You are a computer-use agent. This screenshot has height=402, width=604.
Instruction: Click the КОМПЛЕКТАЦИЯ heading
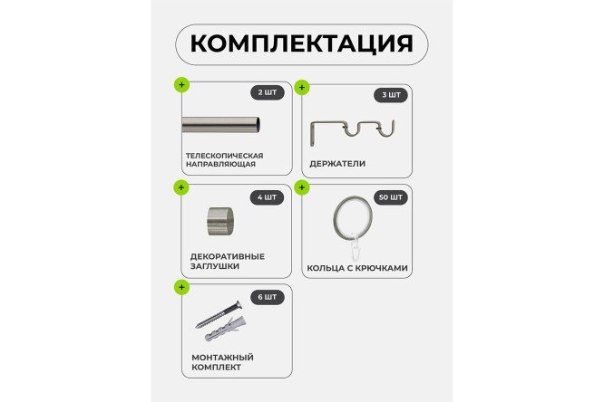pos(302,43)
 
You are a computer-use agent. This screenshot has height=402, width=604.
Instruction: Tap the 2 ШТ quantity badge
pos(268,92)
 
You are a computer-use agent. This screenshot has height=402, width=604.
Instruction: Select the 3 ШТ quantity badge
pos(391,95)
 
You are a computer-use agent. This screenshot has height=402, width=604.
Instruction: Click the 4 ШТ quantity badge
pos(268,196)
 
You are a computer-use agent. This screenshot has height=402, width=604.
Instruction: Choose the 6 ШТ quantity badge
pos(268,296)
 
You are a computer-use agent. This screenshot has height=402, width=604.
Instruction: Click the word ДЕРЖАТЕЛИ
pos(337,164)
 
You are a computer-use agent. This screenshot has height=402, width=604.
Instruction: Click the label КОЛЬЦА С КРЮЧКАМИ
pos(358,268)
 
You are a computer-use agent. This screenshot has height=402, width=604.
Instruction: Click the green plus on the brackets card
pos(302,88)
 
